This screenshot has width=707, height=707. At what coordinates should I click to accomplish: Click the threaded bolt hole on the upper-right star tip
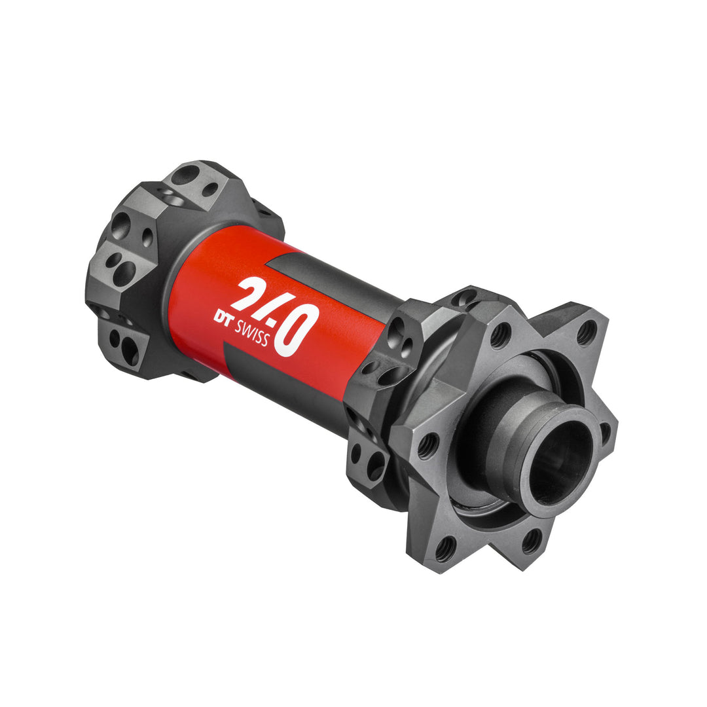pos(585,332)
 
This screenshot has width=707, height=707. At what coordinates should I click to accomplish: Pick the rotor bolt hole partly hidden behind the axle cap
pos(606,431)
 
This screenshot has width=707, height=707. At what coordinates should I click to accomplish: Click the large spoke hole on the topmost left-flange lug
pos(185,175)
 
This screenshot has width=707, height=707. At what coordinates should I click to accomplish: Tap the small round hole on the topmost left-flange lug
pos(209,189)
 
